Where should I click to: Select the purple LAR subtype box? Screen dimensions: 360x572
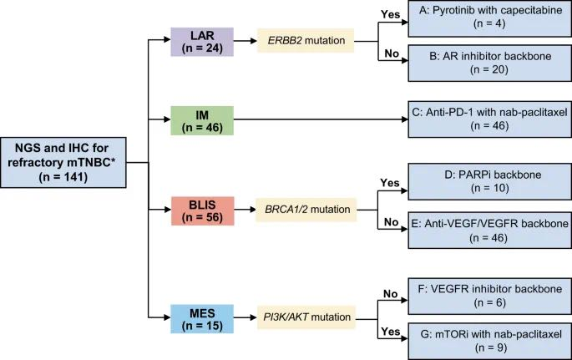pyautogui.click(x=201, y=40)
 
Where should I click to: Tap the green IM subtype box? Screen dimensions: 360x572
pyautogui.click(x=201, y=119)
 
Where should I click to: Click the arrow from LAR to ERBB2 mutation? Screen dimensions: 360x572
pyautogui.click(x=246, y=40)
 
